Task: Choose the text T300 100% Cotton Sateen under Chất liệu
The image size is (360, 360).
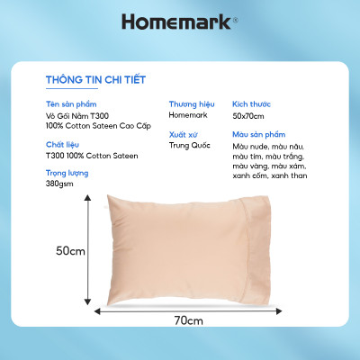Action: (91, 156)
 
